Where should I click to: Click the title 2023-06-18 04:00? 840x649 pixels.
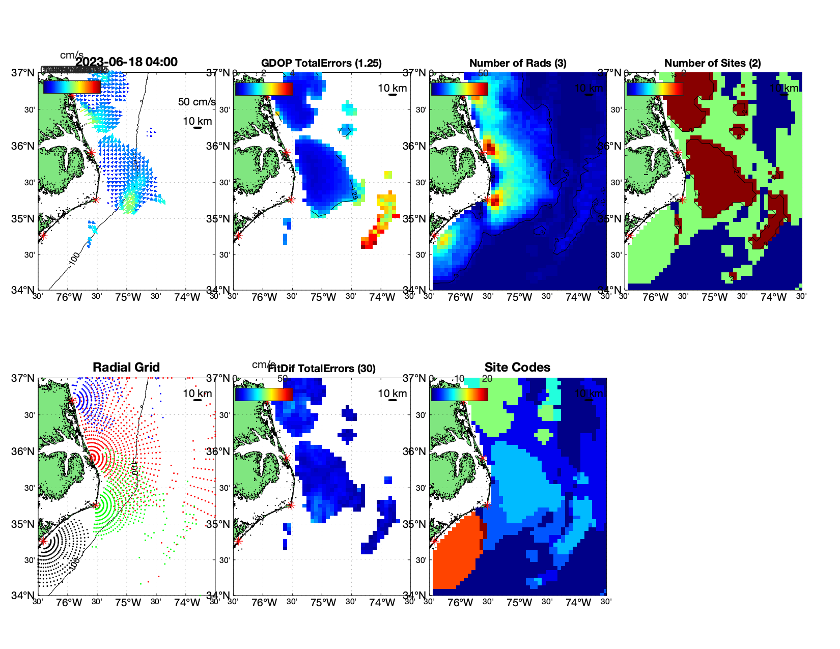(126, 62)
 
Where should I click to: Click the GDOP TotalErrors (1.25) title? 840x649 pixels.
(321, 63)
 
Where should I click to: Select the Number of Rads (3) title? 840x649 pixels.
(518, 63)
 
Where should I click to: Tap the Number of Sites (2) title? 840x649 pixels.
(713, 63)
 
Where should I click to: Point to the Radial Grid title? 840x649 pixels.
(126, 368)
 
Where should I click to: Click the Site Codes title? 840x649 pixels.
(517, 368)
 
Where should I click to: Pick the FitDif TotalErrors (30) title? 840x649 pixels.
(322, 369)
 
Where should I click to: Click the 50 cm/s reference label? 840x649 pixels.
(197, 102)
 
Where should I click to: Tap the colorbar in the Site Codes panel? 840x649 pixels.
(459, 394)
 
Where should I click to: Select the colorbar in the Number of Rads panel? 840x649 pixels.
(459, 89)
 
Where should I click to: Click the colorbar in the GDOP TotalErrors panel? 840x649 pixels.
(264, 89)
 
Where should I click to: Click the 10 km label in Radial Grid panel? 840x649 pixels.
(198, 393)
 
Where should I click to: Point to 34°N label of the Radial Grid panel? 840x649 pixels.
(23, 595)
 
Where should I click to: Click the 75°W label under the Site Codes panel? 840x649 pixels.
(519, 603)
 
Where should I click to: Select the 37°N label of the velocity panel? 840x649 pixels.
(23, 73)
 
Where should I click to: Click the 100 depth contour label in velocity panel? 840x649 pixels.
(74, 259)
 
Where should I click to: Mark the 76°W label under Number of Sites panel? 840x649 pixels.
(655, 297)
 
